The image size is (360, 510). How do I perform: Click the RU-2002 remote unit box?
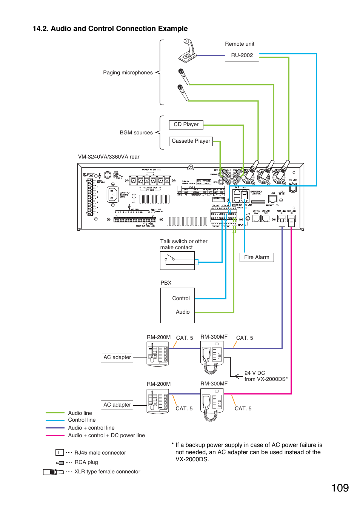tap(242, 55)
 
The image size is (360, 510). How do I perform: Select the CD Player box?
tap(186, 125)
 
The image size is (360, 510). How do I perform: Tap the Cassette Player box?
tap(191, 141)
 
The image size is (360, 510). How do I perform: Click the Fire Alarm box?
tap(257, 257)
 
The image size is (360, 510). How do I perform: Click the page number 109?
tap(340, 488)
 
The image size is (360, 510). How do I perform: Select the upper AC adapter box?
tap(117, 357)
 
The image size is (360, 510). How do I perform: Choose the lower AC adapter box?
tap(117, 405)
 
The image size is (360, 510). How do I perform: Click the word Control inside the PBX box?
tap(181, 299)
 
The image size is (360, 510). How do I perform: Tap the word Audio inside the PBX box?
tap(183, 312)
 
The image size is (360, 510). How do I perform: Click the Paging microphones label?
tap(128, 73)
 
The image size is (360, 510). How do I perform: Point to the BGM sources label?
tap(136, 133)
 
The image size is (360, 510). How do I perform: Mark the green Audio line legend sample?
tap(55, 413)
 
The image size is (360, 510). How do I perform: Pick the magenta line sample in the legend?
tap(55, 435)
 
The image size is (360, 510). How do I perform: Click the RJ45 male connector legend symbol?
tap(59, 453)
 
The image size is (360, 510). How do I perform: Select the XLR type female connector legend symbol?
tap(53, 472)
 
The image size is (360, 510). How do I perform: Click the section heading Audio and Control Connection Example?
tap(110, 29)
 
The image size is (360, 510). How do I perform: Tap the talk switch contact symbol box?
tap(177, 260)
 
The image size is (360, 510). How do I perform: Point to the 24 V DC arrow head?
tap(237, 376)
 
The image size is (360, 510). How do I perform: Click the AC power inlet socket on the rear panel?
tap(112, 195)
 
